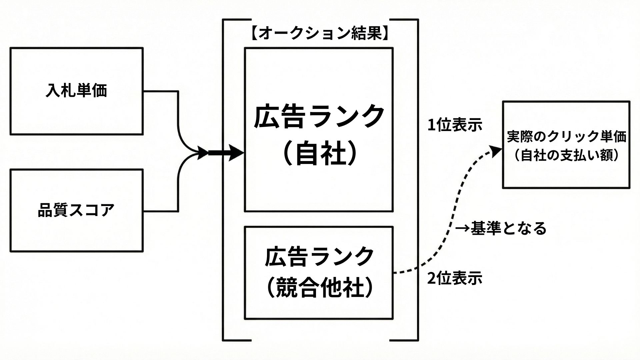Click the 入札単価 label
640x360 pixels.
pyautogui.click(x=76, y=91)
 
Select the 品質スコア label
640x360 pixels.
pyautogui.click(x=76, y=210)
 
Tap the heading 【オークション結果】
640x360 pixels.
pyautogui.click(x=320, y=34)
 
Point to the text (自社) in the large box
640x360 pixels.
pyautogui.click(x=319, y=154)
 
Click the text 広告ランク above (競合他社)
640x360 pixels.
pyautogui.click(x=319, y=256)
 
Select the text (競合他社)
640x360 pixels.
pyautogui.click(x=319, y=287)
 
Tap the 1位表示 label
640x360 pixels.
pyautogui.click(x=455, y=126)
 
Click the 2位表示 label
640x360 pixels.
pyautogui.click(x=455, y=278)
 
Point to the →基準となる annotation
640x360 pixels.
pyautogui.click(x=501, y=229)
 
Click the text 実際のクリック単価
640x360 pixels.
pyautogui.click(x=566, y=137)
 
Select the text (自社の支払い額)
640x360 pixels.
pyautogui.click(x=566, y=156)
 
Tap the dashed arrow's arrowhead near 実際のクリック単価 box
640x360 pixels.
pyautogui.click(x=497, y=151)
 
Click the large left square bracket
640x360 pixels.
pyautogui.click(x=223, y=180)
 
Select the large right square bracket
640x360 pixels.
pyautogui.click(x=417, y=180)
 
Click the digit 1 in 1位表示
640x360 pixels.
pyautogui.click(x=431, y=126)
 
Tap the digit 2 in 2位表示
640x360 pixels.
pyautogui.click(x=431, y=279)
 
